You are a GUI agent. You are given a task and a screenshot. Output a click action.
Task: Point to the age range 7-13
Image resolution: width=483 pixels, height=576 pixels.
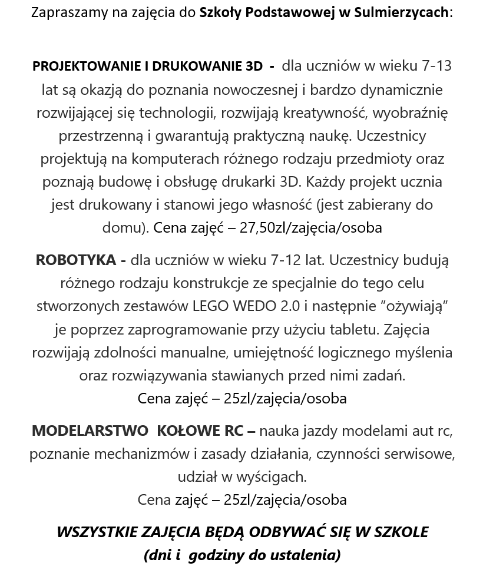[436, 66]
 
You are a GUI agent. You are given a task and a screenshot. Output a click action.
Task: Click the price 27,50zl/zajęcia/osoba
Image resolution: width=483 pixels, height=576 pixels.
[310, 228]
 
